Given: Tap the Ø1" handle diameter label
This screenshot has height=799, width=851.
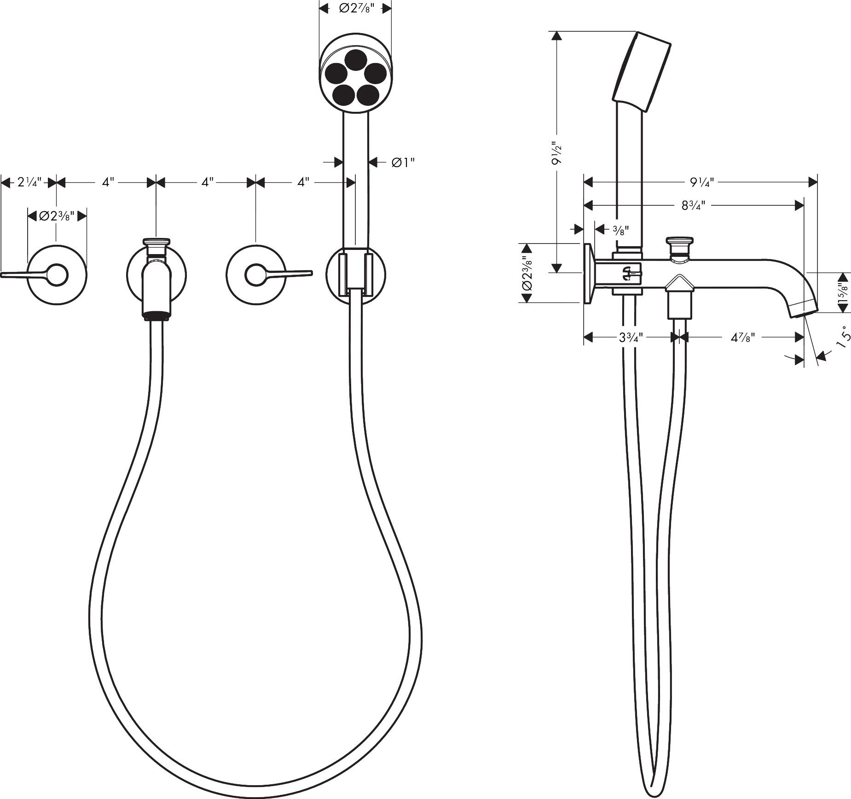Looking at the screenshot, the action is pos(404,162).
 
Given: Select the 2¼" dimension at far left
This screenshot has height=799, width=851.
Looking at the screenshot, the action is pos(29,182).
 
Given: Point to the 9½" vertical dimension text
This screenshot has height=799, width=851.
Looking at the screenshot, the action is pos(557,153).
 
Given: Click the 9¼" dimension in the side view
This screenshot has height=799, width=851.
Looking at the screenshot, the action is pos(701,182).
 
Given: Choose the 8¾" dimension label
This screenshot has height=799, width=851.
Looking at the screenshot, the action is pos(693,205).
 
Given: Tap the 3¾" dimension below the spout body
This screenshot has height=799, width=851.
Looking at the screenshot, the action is pos(631,337).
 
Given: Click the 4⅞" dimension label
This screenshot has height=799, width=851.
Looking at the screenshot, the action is pos(743,337).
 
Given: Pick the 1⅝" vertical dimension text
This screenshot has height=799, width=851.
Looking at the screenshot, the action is pos(843,293).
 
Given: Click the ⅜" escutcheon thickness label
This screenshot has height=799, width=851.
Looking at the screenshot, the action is pos(620,230).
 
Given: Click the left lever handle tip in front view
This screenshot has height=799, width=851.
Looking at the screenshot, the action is pos(2,275).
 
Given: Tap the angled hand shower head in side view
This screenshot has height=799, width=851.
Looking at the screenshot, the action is pos(642,72).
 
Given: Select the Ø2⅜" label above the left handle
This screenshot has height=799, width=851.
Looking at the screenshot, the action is pos(57,215).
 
